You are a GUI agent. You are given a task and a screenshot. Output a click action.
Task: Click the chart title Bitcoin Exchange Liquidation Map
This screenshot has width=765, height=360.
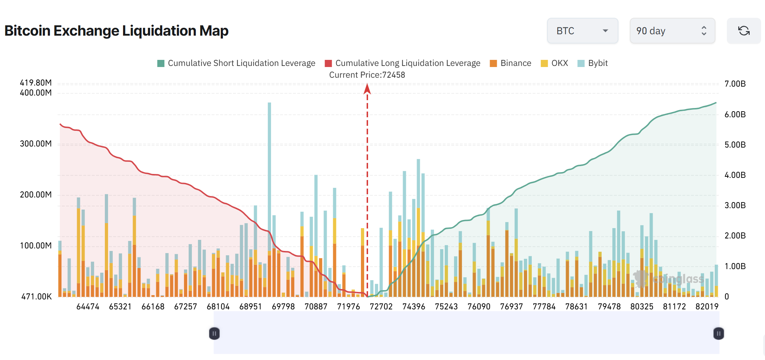coord(116,31)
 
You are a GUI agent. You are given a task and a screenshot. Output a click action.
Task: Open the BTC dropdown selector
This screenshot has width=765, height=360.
coord(582,31)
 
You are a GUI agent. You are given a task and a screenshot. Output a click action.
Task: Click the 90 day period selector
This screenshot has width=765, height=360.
coord(672,31)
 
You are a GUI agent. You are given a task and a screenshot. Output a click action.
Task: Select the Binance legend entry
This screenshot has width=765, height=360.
coord(511,63)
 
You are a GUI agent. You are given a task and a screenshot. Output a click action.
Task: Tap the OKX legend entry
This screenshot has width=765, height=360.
coord(555,63)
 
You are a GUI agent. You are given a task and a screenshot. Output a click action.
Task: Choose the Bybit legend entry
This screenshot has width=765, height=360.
coord(593,63)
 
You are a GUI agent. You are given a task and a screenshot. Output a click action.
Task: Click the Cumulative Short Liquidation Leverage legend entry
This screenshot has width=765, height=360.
coord(236,63)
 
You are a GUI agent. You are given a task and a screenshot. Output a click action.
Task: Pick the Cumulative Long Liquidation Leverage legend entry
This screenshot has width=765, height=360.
coord(403,63)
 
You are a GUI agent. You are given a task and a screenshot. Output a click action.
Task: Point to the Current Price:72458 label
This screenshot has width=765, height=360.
coord(367,75)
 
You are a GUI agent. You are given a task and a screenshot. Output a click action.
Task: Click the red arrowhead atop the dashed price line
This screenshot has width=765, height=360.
coord(367,89)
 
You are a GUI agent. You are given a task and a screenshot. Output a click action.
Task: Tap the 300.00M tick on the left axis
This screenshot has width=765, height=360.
coord(36,144)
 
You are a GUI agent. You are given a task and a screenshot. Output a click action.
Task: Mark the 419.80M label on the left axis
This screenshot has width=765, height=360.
coord(36,83)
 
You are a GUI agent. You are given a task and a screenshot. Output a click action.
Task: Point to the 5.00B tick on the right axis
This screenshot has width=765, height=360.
coord(735,145)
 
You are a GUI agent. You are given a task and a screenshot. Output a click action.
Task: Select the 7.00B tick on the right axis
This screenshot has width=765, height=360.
coord(735,84)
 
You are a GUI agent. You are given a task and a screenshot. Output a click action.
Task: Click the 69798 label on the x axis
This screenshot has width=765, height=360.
coord(283,307)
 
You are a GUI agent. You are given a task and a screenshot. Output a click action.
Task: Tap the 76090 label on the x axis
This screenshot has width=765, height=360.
coord(479,307)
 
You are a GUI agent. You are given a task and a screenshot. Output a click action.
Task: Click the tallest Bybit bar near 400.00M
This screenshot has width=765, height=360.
coord(269,160)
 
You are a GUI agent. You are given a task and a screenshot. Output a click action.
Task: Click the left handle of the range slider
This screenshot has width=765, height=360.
coord(214,334)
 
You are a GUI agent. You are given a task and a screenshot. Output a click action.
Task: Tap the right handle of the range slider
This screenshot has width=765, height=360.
coord(719,334)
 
